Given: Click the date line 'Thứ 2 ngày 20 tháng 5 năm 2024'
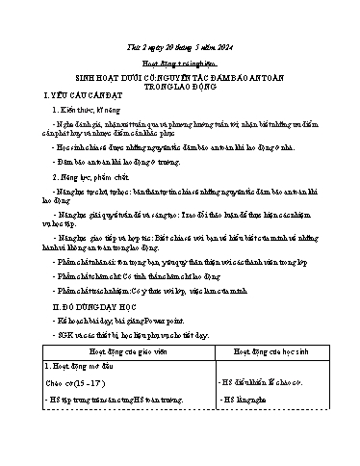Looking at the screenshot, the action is click(x=181, y=39).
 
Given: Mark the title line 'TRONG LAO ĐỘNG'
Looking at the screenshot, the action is click(x=180, y=85).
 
